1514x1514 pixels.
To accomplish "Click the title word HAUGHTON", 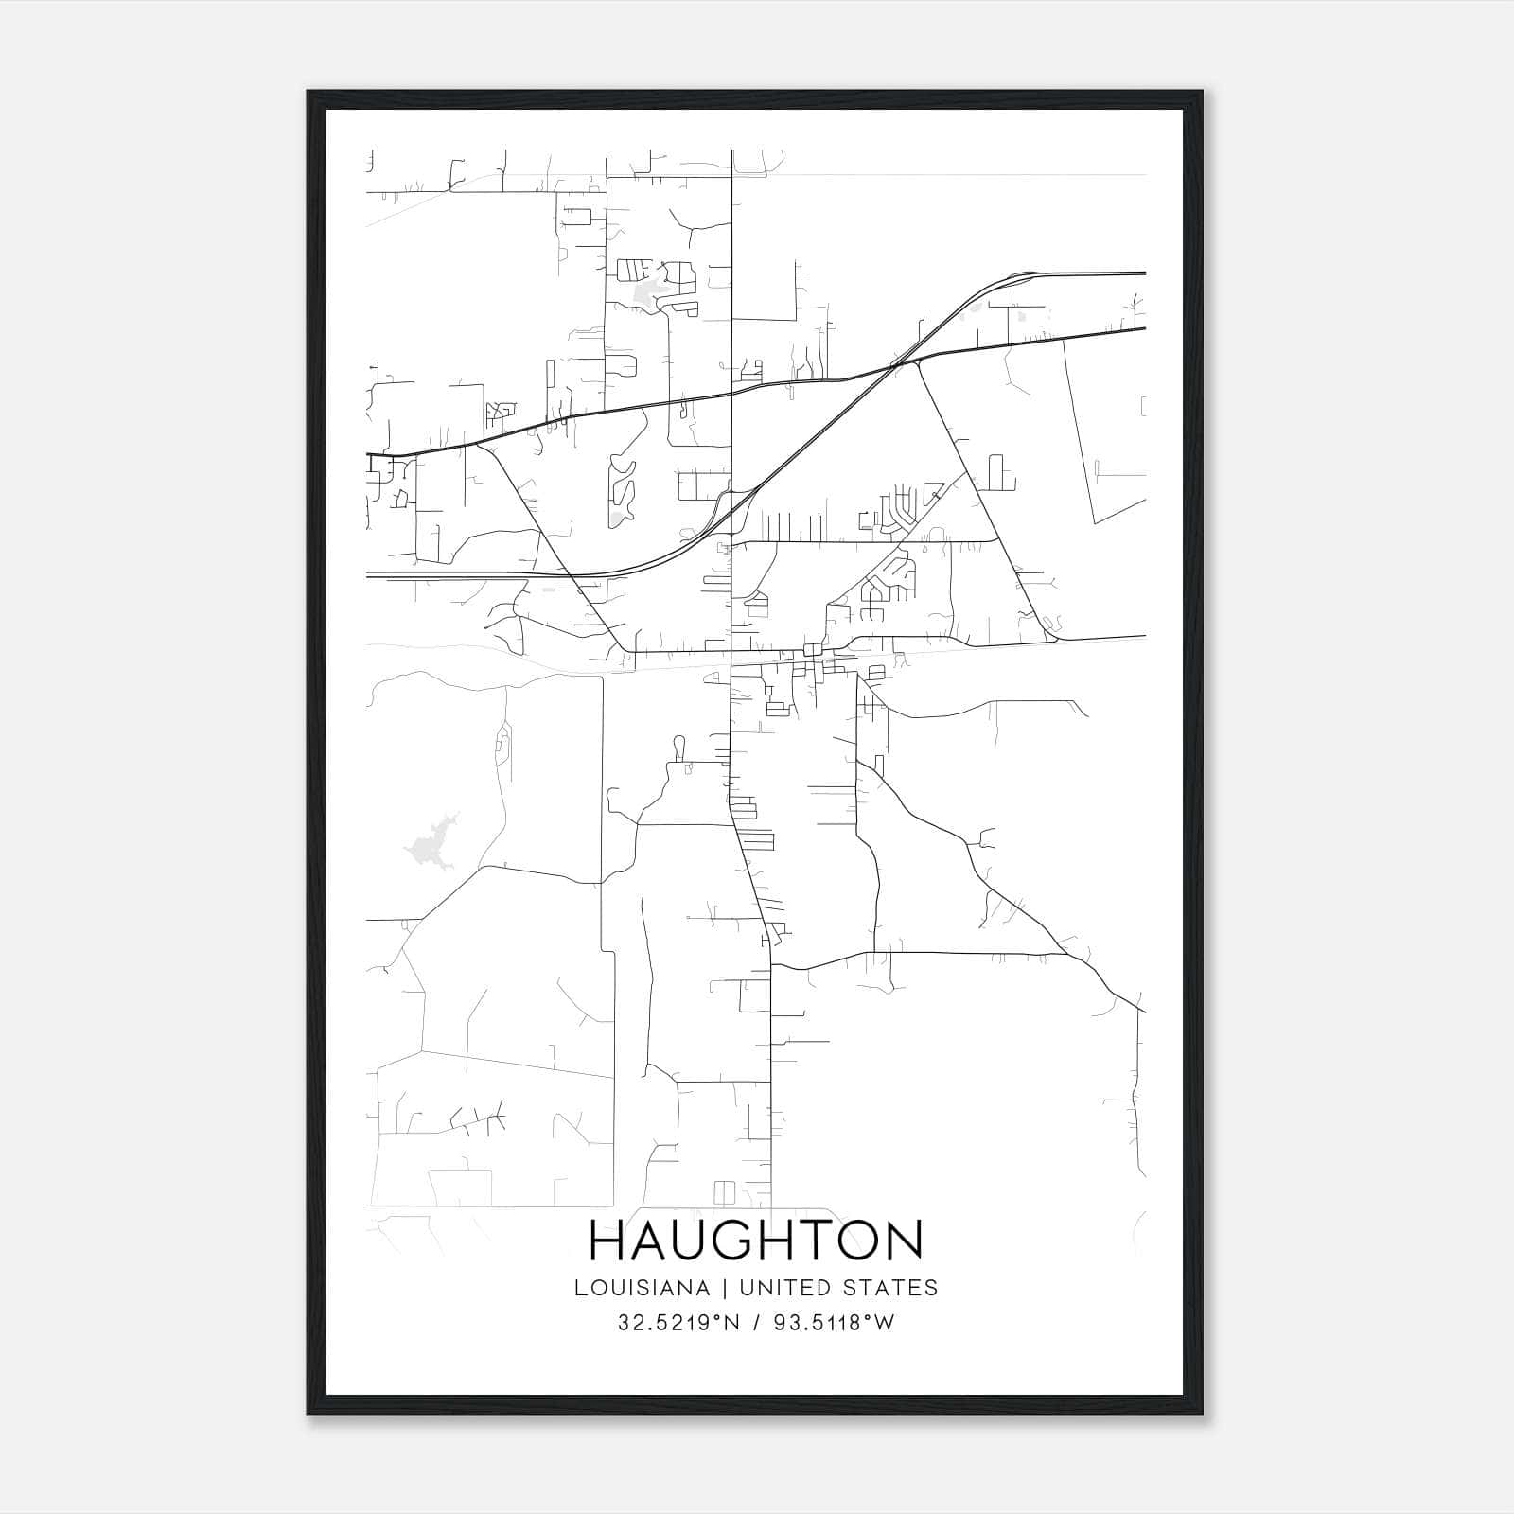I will [x=755, y=1241].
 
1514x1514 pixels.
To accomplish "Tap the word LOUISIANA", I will [x=641, y=1288].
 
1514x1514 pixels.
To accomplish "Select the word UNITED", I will [x=778, y=1288].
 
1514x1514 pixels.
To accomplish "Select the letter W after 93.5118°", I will [x=884, y=1323].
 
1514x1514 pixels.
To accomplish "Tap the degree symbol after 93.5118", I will [x=869, y=1318].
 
